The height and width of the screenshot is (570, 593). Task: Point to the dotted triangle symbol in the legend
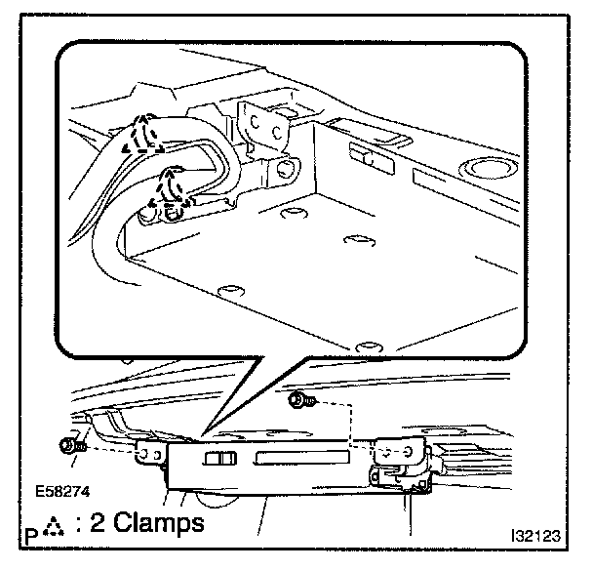(x=55, y=526)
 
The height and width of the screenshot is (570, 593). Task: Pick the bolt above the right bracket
(x=297, y=400)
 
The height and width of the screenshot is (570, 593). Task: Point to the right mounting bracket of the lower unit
(x=400, y=452)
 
